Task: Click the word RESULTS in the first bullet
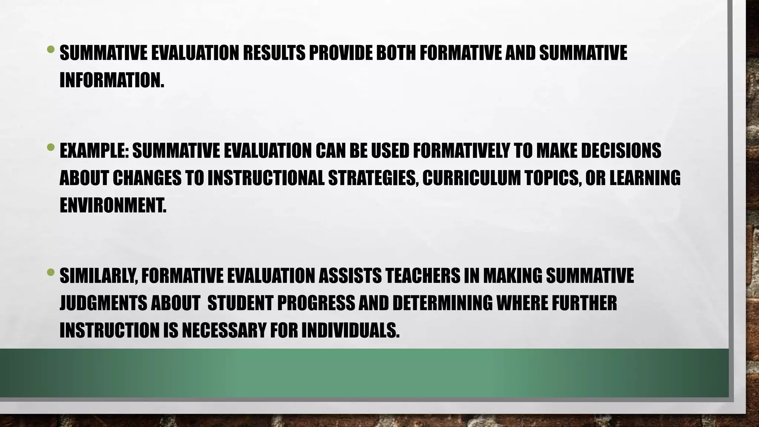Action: (x=274, y=53)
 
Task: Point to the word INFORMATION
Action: (x=112, y=80)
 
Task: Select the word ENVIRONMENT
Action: (x=113, y=206)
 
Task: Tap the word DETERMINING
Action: (x=443, y=303)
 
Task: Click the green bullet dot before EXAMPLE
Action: (x=51, y=148)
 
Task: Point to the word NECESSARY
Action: (x=224, y=331)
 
